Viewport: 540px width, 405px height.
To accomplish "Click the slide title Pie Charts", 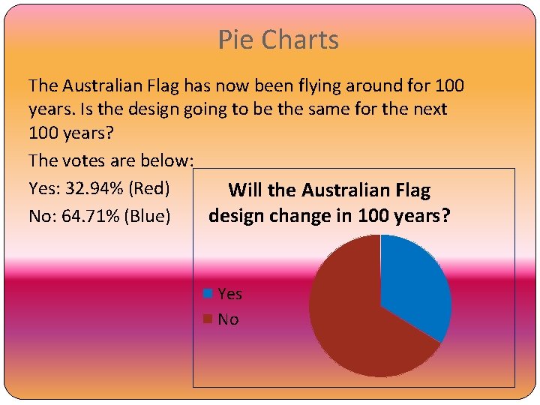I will (278, 40).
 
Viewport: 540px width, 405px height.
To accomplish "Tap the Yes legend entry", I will (229, 294).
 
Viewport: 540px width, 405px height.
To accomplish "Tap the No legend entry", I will (228, 319).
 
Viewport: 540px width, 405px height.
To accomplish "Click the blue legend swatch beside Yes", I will (208, 293).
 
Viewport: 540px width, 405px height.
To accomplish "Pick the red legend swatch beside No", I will (208, 319).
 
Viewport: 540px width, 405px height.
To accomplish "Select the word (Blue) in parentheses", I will (148, 216).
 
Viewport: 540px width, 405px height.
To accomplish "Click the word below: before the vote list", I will (168, 160).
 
